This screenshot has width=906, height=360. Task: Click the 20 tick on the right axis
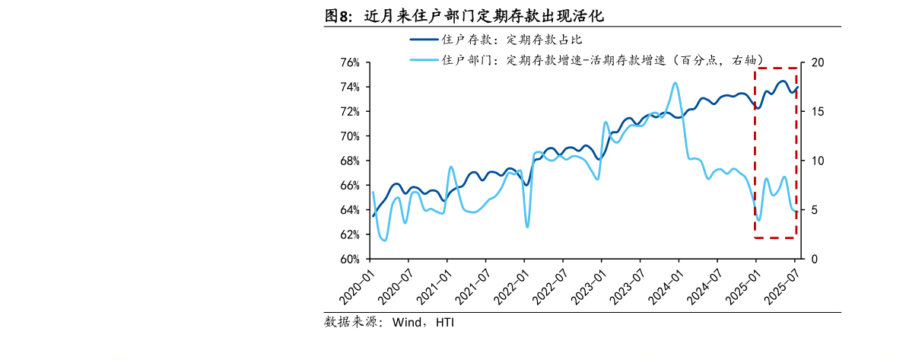[x=817, y=62]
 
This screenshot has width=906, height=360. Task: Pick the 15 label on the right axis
[x=817, y=112]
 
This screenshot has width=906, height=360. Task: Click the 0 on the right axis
[x=814, y=259]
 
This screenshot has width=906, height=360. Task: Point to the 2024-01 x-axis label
[x=663, y=285]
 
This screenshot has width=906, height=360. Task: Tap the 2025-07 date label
[x=780, y=285]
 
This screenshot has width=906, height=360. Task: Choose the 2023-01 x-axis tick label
[x=587, y=285]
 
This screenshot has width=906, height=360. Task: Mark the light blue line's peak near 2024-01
[x=676, y=83]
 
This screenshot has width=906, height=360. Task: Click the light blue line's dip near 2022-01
[x=527, y=226]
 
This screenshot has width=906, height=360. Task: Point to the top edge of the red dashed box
[x=775, y=68]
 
